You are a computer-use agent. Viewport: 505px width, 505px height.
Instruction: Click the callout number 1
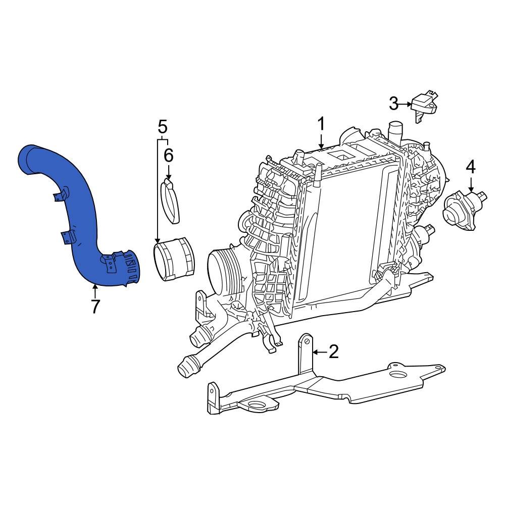[x=321, y=124]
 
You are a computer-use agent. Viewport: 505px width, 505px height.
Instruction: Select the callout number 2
[x=333, y=352]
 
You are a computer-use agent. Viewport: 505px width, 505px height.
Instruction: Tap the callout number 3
[x=393, y=104]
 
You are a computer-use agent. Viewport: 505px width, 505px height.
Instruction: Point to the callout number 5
[x=162, y=126]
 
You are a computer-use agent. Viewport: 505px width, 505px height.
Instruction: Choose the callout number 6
[x=168, y=156]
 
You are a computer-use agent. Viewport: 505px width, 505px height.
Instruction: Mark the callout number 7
[x=95, y=307]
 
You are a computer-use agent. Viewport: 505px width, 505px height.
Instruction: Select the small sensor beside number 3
[x=424, y=105]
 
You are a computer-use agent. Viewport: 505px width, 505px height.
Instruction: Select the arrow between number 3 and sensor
[x=406, y=105]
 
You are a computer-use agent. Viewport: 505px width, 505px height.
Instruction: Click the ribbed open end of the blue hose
[x=130, y=268]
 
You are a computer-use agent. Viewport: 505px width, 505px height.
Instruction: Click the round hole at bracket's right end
[x=398, y=375]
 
